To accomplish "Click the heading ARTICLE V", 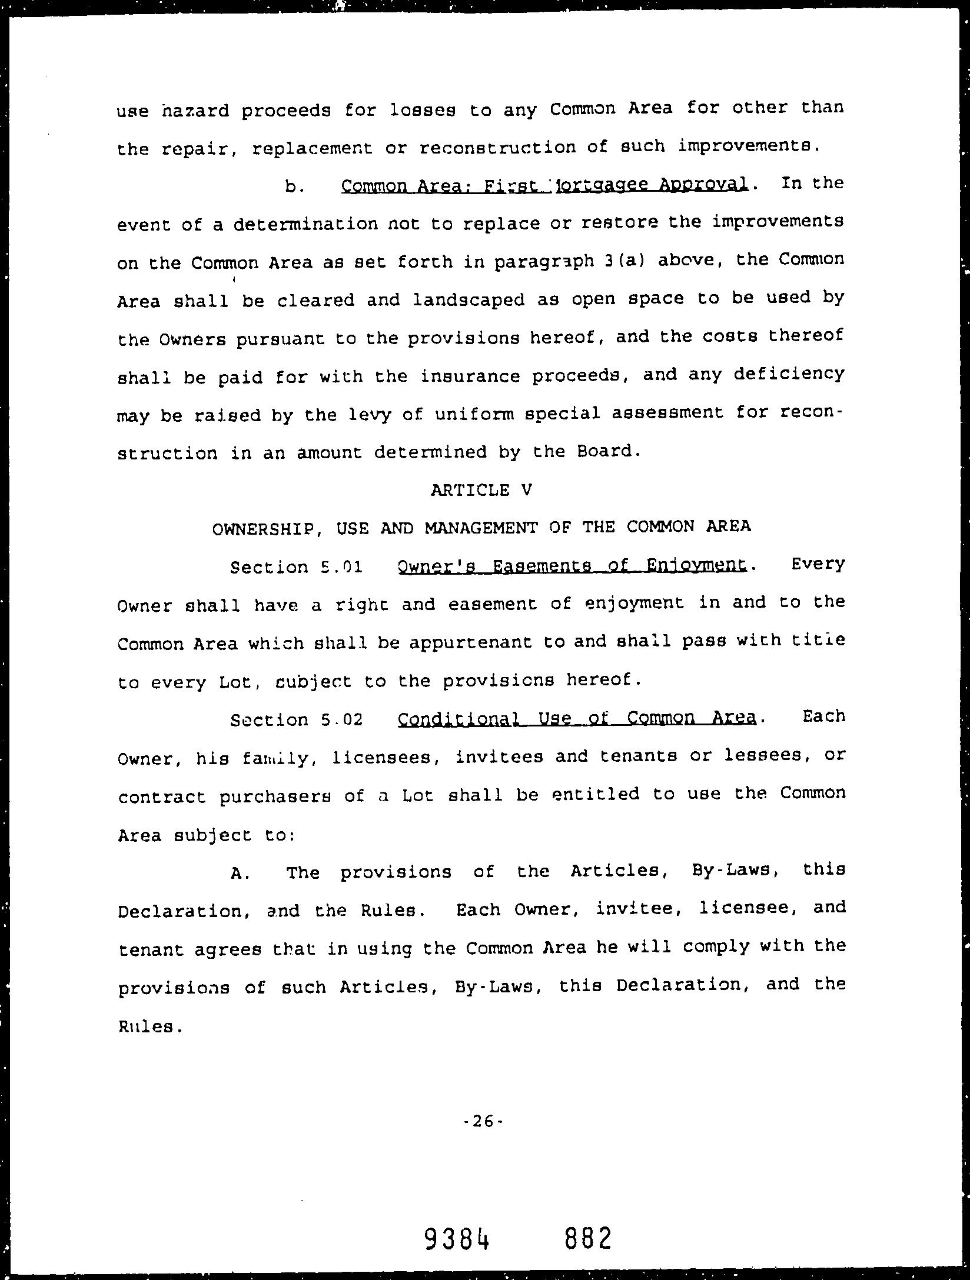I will click(481, 490).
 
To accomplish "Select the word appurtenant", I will click(470, 642).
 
